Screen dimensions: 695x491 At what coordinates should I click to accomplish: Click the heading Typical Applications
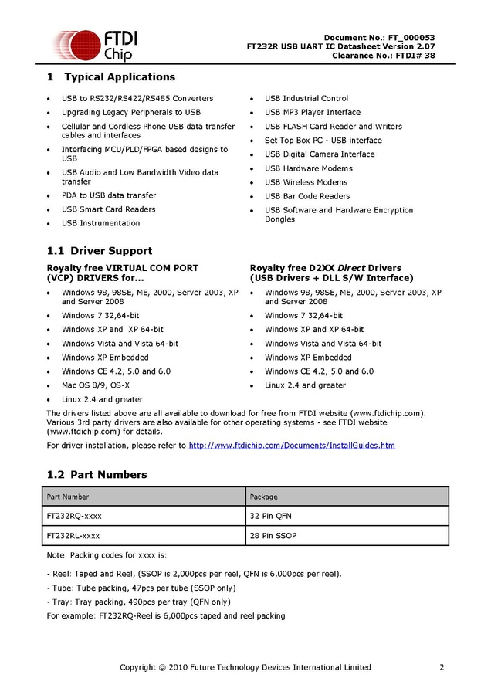(119, 77)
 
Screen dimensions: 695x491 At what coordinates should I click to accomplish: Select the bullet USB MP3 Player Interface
(312, 112)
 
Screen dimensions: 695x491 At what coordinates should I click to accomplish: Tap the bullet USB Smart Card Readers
(108, 209)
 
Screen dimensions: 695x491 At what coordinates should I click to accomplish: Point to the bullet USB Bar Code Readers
(307, 196)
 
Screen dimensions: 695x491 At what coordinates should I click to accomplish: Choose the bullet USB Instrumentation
(101, 223)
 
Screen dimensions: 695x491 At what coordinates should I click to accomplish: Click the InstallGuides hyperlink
(292, 446)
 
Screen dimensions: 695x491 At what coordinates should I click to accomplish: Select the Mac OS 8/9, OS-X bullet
(96, 385)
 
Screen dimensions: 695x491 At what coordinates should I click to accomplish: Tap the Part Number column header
(68, 497)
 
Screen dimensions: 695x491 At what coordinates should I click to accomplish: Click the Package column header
(263, 497)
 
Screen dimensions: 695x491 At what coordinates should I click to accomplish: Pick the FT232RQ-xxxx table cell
(74, 516)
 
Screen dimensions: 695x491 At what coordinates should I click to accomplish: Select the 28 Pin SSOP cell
(273, 535)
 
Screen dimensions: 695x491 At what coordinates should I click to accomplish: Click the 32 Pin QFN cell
(270, 516)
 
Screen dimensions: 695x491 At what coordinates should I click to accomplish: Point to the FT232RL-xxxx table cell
(73, 535)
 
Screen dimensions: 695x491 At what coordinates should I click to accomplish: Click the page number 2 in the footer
(442, 667)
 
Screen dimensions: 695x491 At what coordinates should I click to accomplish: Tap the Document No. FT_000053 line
(379, 38)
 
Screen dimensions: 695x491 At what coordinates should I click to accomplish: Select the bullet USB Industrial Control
(306, 98)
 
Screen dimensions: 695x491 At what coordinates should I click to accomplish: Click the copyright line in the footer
(245, 667)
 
